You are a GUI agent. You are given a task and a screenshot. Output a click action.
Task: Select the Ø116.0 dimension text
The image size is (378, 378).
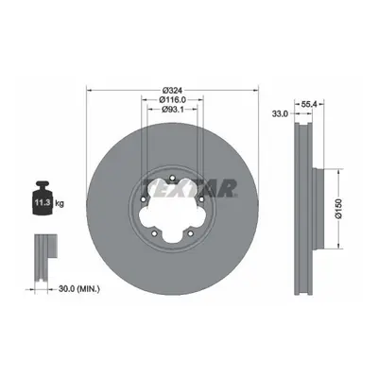[x=173, y=100]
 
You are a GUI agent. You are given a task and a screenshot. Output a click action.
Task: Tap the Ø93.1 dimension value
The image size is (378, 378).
[x=173, y=110]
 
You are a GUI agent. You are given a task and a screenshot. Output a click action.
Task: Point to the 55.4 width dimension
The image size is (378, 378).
[x=309, y=104]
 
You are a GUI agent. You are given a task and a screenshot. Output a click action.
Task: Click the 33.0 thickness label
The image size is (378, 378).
[x=280, y=113]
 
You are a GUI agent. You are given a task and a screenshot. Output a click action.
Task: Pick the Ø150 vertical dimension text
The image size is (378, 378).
[x=338, y=209]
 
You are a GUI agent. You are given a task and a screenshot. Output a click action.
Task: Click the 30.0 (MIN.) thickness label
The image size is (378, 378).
[x=79, y=288]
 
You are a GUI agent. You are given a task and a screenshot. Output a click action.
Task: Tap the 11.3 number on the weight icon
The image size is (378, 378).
[x=43, y=202]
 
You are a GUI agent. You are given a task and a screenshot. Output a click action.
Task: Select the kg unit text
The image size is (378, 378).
[x=60, y=203]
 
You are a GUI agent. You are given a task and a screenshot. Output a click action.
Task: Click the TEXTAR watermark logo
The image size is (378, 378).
[x=190, y=188]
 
